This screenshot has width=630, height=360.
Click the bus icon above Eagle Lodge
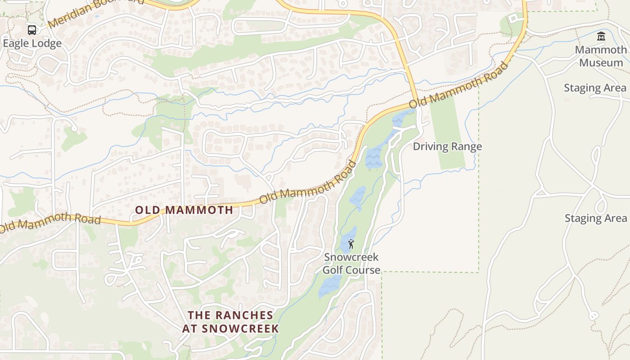tap(32, 30)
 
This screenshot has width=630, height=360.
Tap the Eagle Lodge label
tap(32, 44)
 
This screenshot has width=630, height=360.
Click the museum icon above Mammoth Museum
tap(601, 36)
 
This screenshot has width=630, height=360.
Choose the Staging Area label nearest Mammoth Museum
tap(595, 88)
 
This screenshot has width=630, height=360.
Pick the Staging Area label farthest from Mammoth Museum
tap(595, 218)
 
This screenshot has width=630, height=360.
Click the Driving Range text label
tap(447, 146)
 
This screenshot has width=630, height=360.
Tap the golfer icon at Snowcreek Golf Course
tap(351, 244)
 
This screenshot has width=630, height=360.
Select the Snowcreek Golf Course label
tap(351, 264)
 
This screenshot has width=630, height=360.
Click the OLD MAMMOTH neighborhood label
tap(184, 210)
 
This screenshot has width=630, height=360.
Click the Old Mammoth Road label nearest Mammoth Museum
tap(459, 85)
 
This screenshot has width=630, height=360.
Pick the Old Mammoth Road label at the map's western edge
tap(49, 223)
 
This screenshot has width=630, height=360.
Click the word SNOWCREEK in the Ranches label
tap(240, 328)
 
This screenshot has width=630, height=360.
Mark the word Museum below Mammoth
tap(601, 62)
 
